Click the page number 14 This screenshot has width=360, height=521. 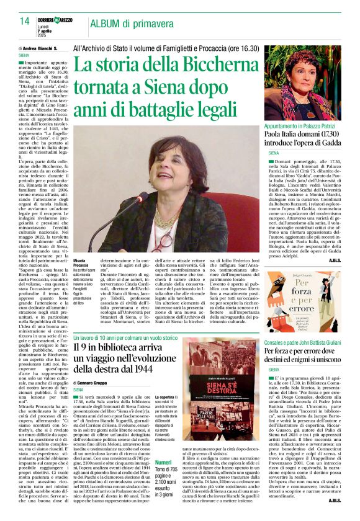pos(24,21)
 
